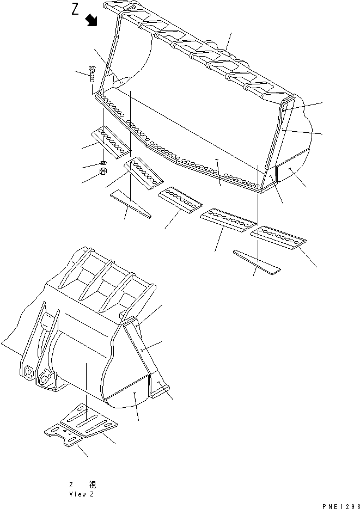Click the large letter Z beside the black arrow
pos(75,9)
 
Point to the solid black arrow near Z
pos(91,20)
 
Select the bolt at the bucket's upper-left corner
pos(91,73)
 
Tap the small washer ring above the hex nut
pos(102,163)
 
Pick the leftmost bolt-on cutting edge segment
pos(111,142)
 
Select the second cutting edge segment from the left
pos(143,173)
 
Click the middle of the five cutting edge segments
pos(180,200)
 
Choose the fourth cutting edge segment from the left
pos(228,220)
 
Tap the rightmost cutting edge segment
pos(278,238)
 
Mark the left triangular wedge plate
pos(131,204)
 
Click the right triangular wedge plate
pos(257,262)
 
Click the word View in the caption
pos(75,494)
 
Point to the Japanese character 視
pos(92,485)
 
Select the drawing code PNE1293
pos(341,506)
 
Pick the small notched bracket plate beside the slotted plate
pos(64,434)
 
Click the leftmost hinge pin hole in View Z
pos(29,371)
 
